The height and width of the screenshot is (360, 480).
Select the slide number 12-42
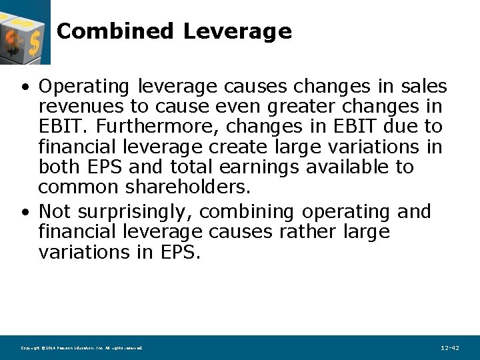tap(450, 348)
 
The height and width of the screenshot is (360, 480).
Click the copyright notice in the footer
tap(81, 348)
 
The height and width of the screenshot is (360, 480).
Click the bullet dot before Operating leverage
tap(25, 87)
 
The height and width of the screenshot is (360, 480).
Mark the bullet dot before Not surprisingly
tap(25, 212)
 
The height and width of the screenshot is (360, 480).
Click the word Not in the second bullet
tap(55, 212)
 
